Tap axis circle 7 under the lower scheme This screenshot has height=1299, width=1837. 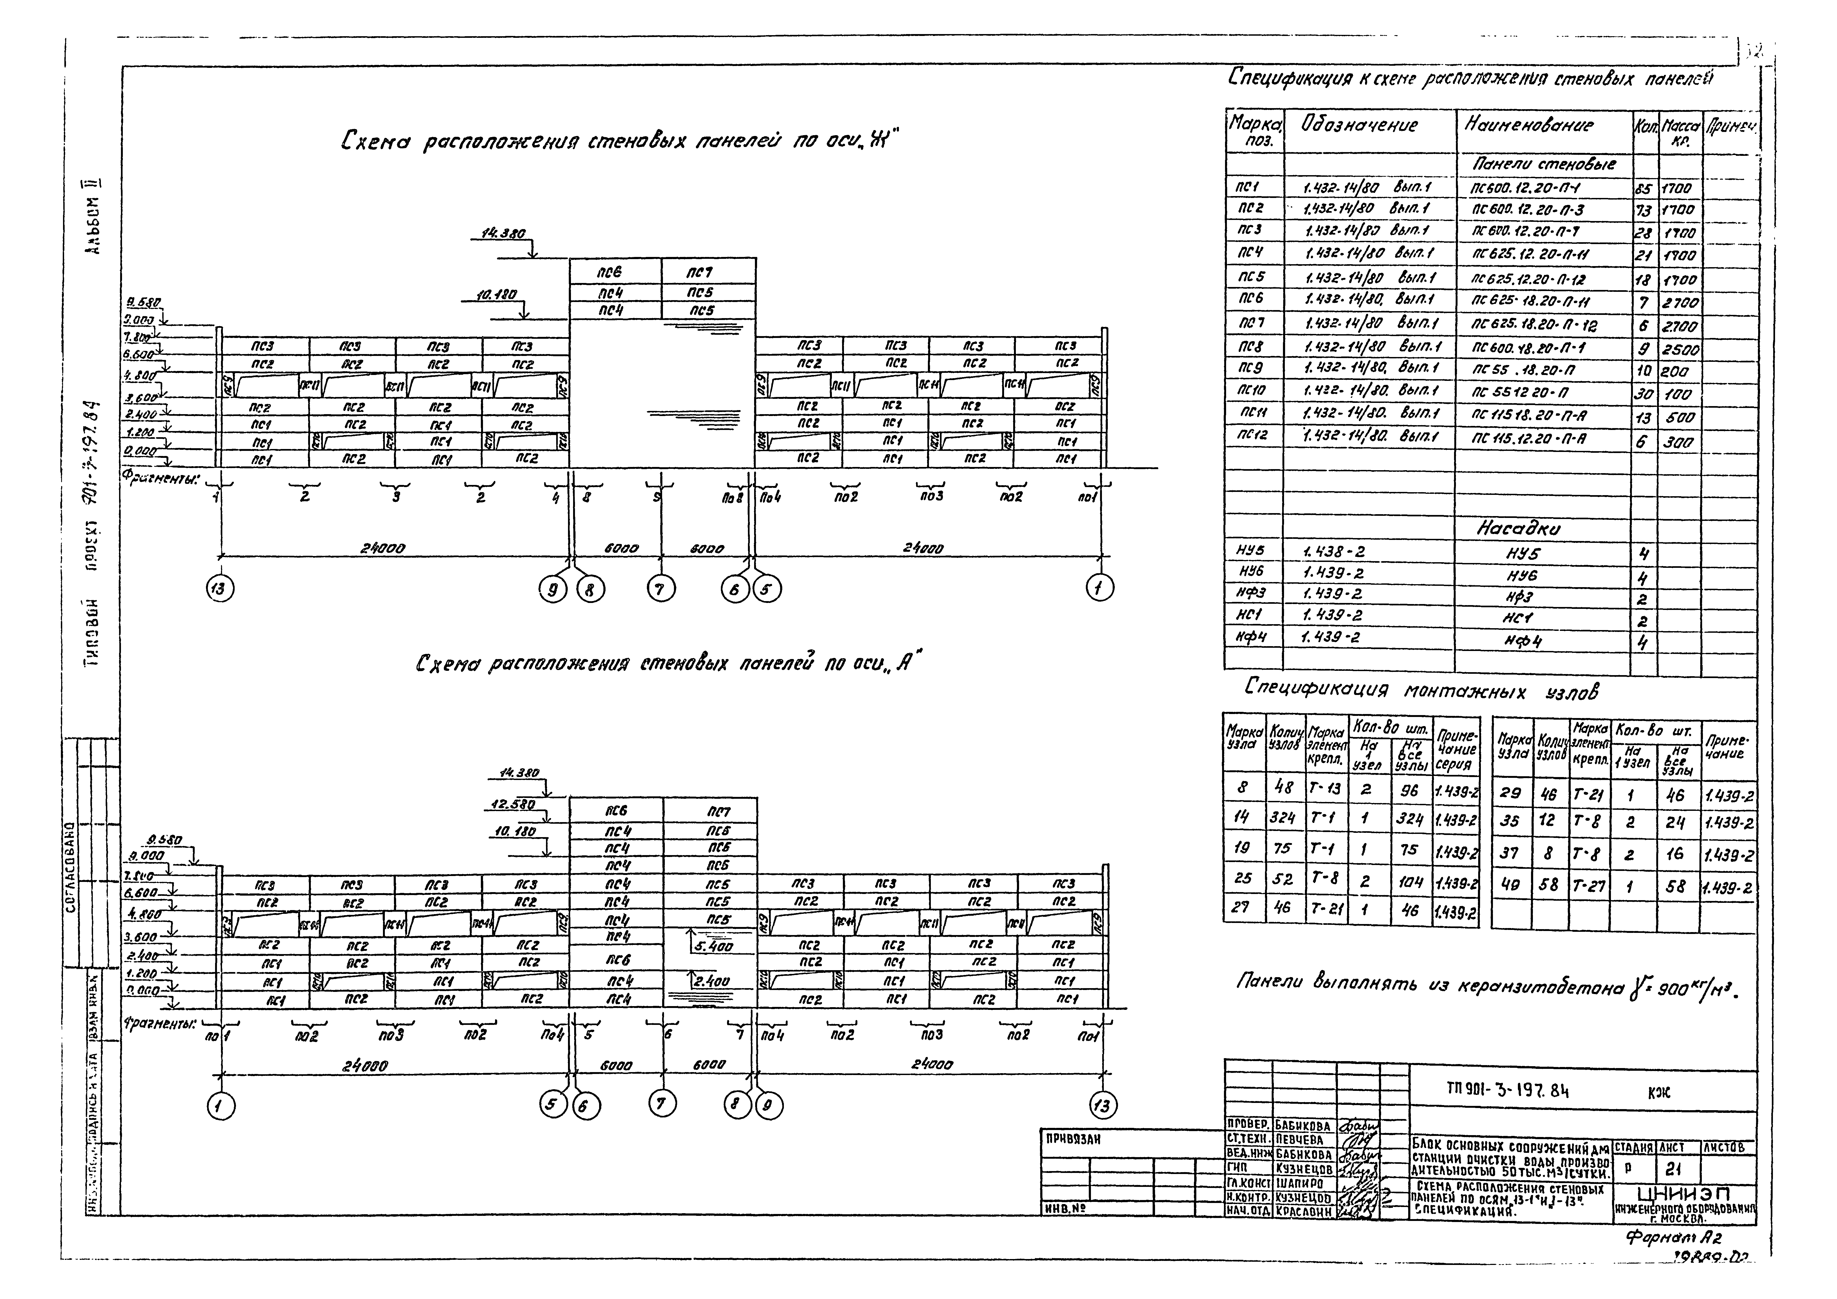[x=661, y=1105]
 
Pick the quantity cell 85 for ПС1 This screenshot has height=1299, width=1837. [x=1643, y=189]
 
